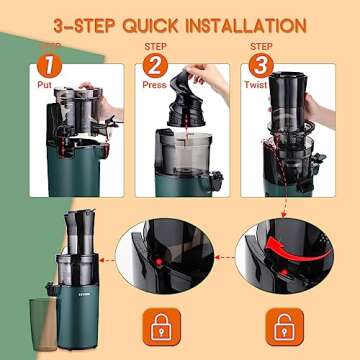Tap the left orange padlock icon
coord(162,324)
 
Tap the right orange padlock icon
coord(284,324)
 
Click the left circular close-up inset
coord(163,263)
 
